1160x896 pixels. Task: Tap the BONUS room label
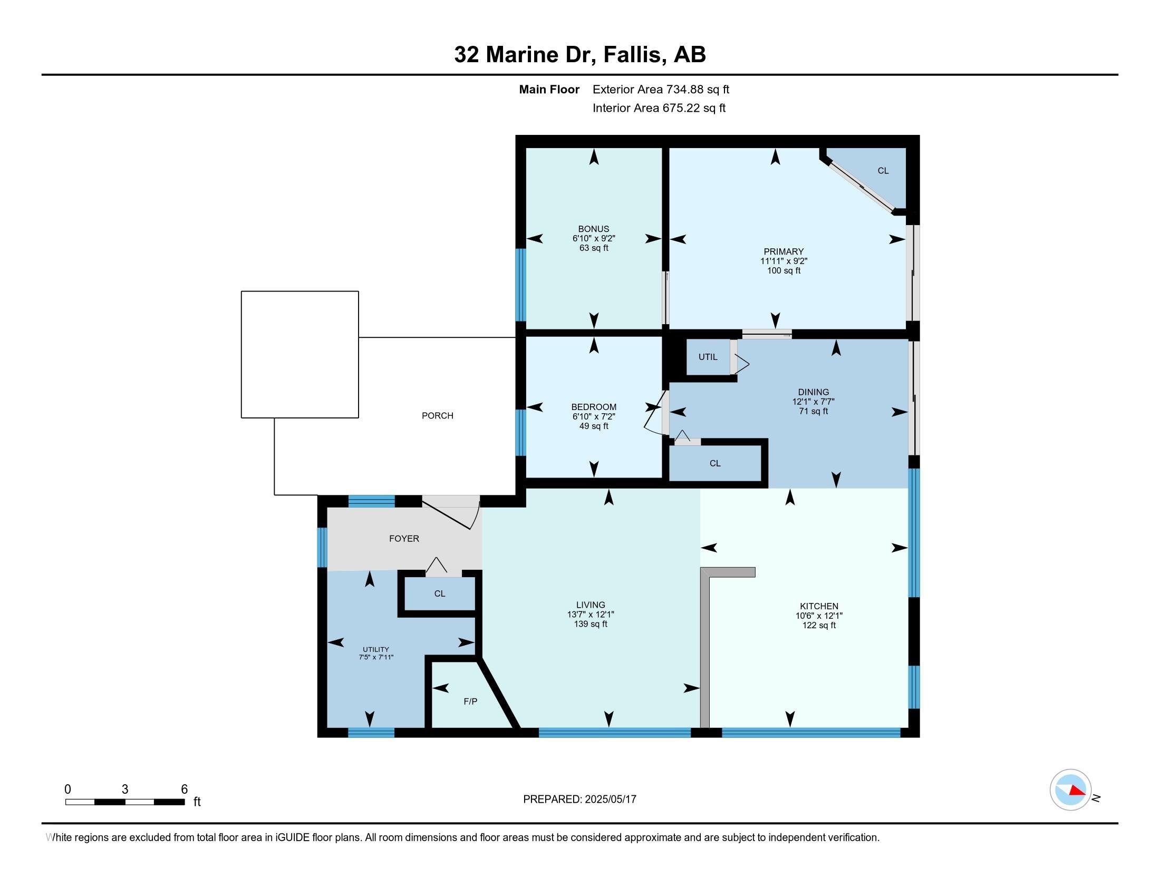coord(593,229)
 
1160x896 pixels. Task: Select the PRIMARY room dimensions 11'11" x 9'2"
coord(784,261)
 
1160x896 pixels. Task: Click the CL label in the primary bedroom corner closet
coord(883,171)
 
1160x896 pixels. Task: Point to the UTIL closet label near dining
coord(708,357)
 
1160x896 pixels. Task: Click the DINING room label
coord(813,392)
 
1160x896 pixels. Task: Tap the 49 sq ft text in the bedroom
coord(593,426)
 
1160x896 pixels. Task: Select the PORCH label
coord(437,416)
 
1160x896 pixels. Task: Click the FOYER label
coord(404,539)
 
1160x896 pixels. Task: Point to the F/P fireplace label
coord(470,702)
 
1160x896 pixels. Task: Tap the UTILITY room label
coord(375,649)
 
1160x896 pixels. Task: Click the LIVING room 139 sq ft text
coord(590,624)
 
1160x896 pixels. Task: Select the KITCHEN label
coord(819,606)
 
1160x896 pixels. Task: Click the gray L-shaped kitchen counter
coord(705,648)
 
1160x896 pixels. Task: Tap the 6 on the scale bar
coord(185,790)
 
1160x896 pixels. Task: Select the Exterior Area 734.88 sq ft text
coord(661,90)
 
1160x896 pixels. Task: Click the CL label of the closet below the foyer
coord(439,593)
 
